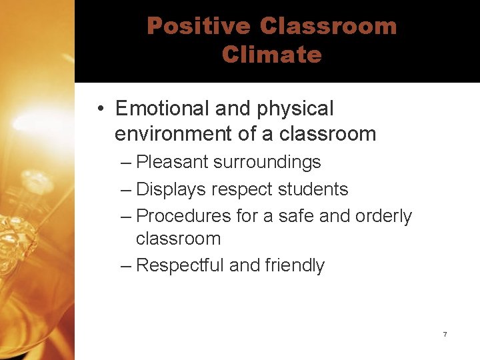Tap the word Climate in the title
coord(272,54)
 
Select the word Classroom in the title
coord(329,26)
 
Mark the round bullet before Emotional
coord(98,109)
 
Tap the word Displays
coord(171,189)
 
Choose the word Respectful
coord(180,265)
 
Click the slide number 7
coord(445,333)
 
